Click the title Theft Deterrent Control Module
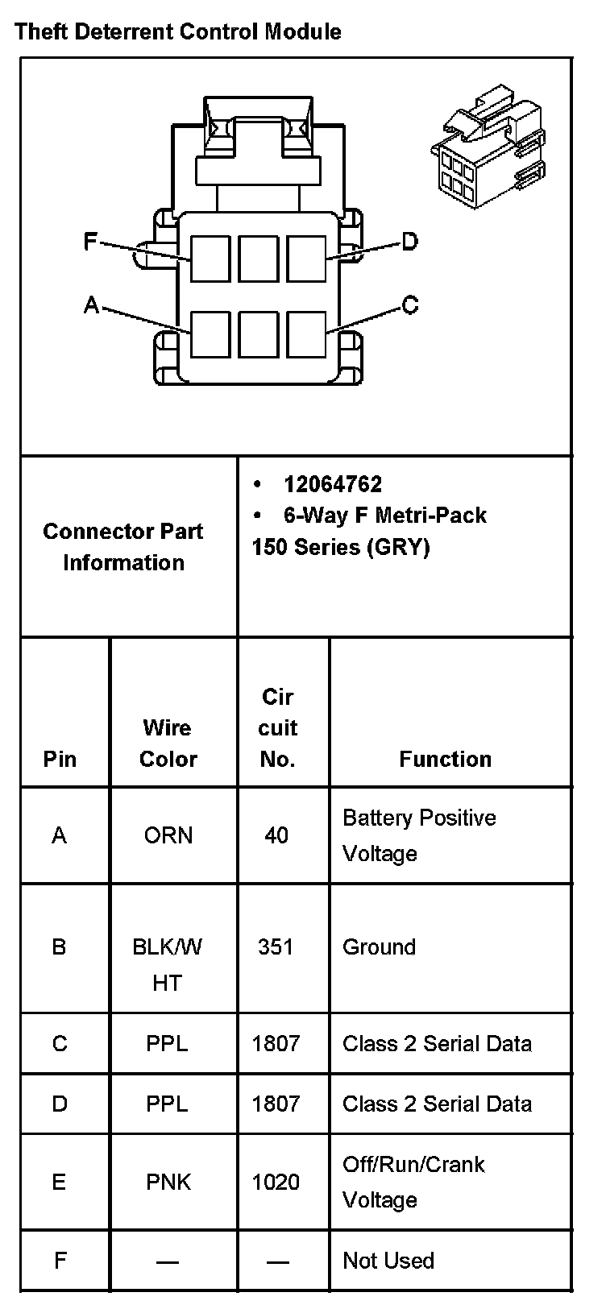pyautogui.click(x=178, y=32)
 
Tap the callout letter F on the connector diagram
pyautogui.click(x=92, y=241)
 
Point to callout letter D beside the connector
pyautogui.click(x=409, y=241)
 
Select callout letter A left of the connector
pyautogui.click(x=92, y=304)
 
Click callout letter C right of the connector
pyautogui.click(x=409, y=305)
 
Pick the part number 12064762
pyautogui.click(x=333, y=484)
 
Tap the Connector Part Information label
pyautogui.click(x=123, y=547)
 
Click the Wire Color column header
pyautogui.click(x=168, y=743)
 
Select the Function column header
pyautogui.click(x=445, y=759)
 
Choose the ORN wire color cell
pyautogui.click(x=168, y=835)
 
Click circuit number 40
pyautogui.click(x=276, y=835)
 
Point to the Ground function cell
pyautogui.click(x=379, y=946)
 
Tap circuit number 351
pyautogui.click(x=276, y=946)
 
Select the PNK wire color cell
pyautogui.click(x=168, y=1182)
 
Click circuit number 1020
pyautogui.click(x=276, y=1182)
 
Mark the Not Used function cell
pyautogui.click(x=388, y=1261)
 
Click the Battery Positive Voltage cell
pyautogui.click(x=419, y=835)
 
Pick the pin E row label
pyautogui.click(x=59, y=1182)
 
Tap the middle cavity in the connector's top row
pyautogui.click(x=258, y=259)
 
